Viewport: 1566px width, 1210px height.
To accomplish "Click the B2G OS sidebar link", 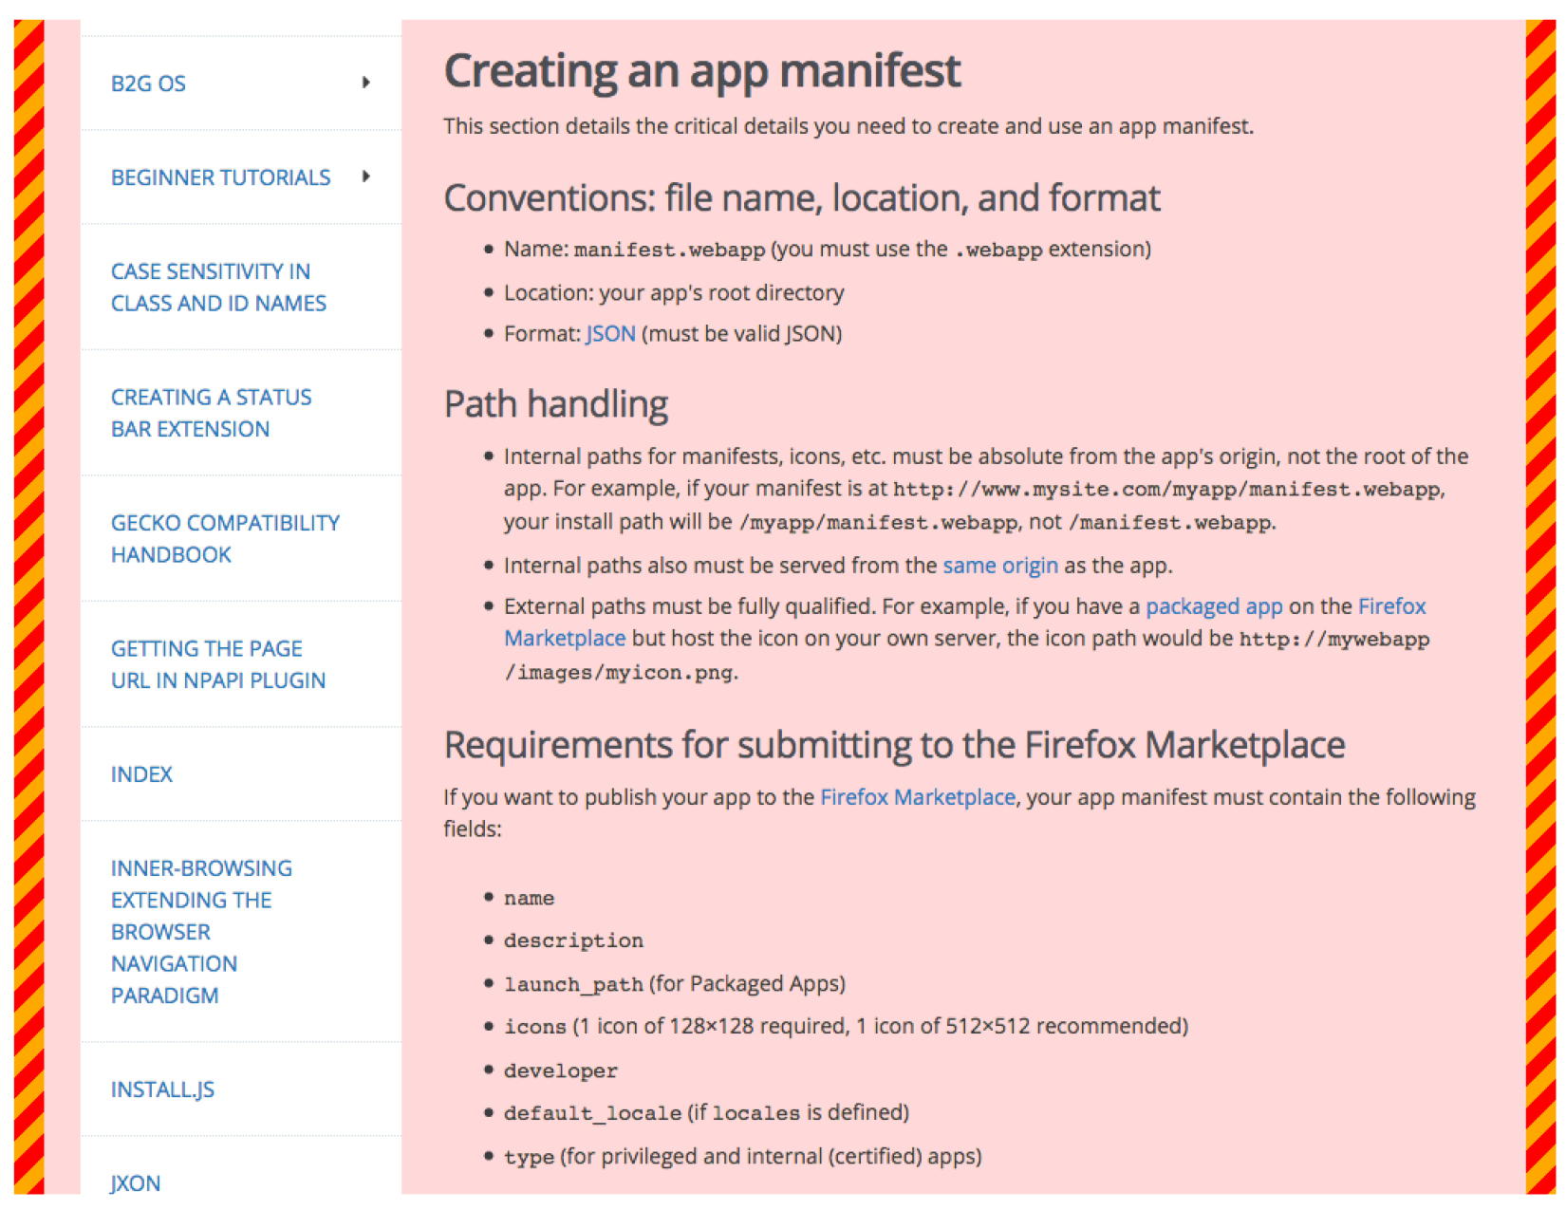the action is point(148,84).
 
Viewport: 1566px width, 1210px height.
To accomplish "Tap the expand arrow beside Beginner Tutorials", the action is point(365,177).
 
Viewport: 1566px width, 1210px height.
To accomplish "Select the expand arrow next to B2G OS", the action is point(365,83).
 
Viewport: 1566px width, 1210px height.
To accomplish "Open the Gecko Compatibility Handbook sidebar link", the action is point(225,538).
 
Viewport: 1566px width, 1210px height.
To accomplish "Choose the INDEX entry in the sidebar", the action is point(141,774).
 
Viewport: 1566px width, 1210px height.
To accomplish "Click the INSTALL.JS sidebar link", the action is point(162,1089).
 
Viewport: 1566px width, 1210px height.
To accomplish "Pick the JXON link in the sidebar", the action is point(136,1182).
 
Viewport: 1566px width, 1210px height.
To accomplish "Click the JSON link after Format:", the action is point(610,334).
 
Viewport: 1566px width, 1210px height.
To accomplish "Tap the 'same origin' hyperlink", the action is point(999,566).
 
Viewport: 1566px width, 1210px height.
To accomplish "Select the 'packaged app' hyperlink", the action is point(1213,606).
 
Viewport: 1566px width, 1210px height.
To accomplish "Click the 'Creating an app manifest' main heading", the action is point(701,71).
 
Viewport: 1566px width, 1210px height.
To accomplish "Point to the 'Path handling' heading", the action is point(555,404).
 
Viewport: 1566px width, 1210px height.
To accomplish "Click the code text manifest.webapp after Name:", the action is point(669,250).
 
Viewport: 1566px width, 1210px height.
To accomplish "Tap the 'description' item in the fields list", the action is point(573,940).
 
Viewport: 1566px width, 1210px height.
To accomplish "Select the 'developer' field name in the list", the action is point(560,1070).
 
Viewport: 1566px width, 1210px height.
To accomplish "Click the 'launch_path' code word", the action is point(573,984).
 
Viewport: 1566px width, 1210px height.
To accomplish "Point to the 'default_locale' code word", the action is point(592,1113).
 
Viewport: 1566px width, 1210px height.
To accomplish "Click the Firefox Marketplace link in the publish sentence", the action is point(917,797).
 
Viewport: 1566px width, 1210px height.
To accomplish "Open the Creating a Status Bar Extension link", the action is point(211,413).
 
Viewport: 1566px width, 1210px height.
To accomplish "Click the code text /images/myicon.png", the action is point(620,673).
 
